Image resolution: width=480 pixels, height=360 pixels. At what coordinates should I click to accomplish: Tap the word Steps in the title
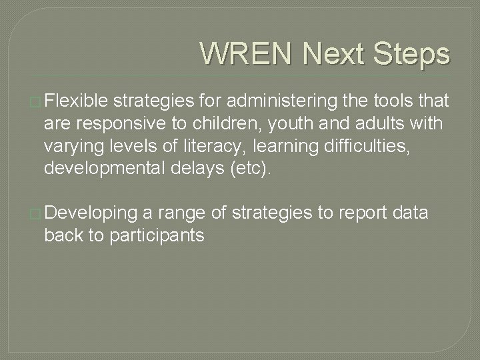point(412,53)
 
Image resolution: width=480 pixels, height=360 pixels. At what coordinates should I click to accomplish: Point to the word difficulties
point(379,145)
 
